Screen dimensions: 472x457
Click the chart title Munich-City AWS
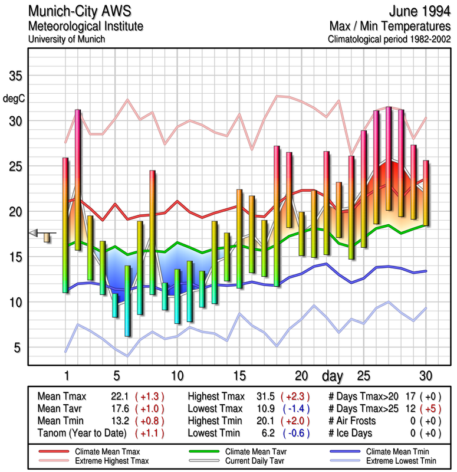[x=80, y=12]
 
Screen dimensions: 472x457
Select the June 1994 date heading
[x=417, y=12]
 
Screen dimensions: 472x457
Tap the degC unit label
[x=14, y=98]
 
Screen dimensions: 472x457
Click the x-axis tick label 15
[x=239, y=375]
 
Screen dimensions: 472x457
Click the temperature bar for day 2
[x=78, y=180]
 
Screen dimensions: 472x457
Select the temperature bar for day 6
[x=127, y=301]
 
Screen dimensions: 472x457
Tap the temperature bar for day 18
[x=277, y=216]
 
